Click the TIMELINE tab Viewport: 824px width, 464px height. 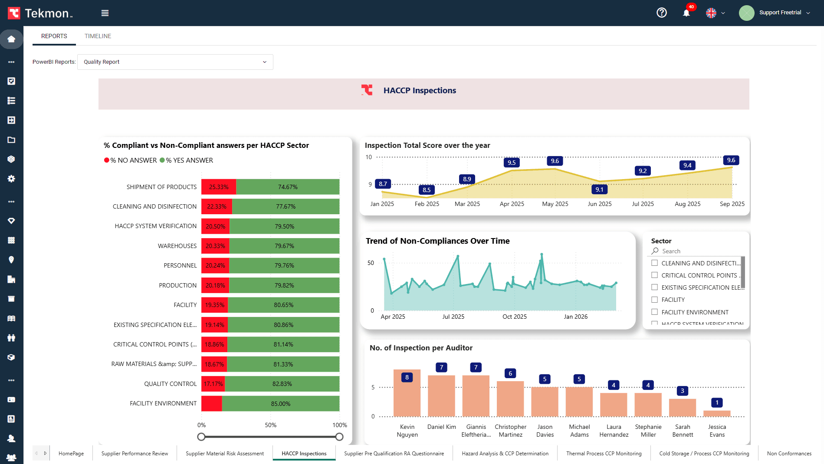click(98, 36)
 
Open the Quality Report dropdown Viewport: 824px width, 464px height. click(175, 62)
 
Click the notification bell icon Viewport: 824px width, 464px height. click(686, 13)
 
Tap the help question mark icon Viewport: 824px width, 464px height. click(661, 13)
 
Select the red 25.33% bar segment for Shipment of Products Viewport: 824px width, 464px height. click(219, 187)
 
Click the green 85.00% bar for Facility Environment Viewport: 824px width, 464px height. click(280, 404)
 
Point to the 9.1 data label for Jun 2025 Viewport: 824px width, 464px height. click(599, 190)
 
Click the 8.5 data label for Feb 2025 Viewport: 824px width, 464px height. click(427, 190)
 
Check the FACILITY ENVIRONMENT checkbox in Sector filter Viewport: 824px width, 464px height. click(655, 312)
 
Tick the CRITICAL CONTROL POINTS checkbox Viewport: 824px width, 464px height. click(655, 275)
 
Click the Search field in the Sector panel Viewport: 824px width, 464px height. click(699, 251)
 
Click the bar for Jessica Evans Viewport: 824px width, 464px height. click(717, 413)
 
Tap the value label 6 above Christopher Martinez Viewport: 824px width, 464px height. click(510, 373)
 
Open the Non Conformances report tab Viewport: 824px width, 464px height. click(789, 454)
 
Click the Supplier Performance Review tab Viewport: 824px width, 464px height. click(135, 454)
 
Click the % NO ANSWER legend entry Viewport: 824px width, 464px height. click(131, 160)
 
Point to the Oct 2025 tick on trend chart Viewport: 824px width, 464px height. click(515, 317)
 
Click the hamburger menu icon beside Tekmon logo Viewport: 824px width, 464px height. click(105, 13)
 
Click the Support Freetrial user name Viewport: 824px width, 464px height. click(780, 13)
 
